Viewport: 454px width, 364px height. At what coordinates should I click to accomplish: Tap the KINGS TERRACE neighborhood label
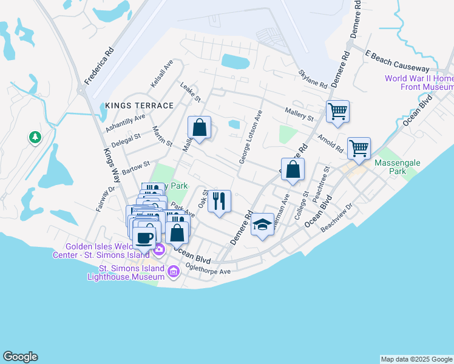coord(139,106)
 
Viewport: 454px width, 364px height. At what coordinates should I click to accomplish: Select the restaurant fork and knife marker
coord(219,200)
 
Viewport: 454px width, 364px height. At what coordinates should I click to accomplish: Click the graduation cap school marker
coord(262,225)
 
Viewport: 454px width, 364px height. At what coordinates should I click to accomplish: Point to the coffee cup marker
coord(144,237)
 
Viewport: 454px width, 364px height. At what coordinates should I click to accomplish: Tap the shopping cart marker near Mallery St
coord(337,112)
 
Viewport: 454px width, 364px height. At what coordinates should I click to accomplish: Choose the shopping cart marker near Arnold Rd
coord(359,148)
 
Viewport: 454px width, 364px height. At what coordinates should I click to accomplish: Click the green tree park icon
coord(35,138)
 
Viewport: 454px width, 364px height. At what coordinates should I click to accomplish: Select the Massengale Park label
coord(398,167)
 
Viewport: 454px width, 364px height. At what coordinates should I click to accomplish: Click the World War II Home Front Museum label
coord(419,83)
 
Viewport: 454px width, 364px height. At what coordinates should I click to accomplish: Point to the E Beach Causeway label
coord(397,60)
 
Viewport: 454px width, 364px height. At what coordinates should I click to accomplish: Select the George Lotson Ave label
coord(250,137)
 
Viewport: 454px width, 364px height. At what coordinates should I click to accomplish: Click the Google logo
coord(20,357)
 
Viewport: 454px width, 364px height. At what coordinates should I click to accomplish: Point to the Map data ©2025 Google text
coord(416,359)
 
